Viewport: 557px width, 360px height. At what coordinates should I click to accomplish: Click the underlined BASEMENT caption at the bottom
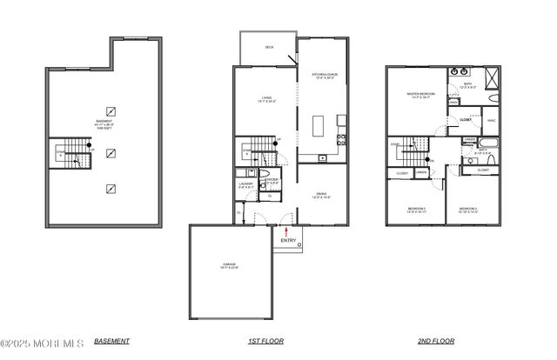112,341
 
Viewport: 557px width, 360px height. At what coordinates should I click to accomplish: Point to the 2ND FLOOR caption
436,342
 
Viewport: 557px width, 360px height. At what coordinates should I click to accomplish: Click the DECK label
269,48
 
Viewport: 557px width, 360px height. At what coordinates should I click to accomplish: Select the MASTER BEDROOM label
420,95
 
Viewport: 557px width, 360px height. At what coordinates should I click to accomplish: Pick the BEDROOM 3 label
468,210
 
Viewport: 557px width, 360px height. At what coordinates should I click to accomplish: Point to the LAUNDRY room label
245,183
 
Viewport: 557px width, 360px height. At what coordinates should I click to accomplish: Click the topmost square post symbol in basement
110,110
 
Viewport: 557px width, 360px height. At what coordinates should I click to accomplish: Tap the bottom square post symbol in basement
110,188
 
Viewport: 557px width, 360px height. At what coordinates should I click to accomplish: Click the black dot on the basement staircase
89,145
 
